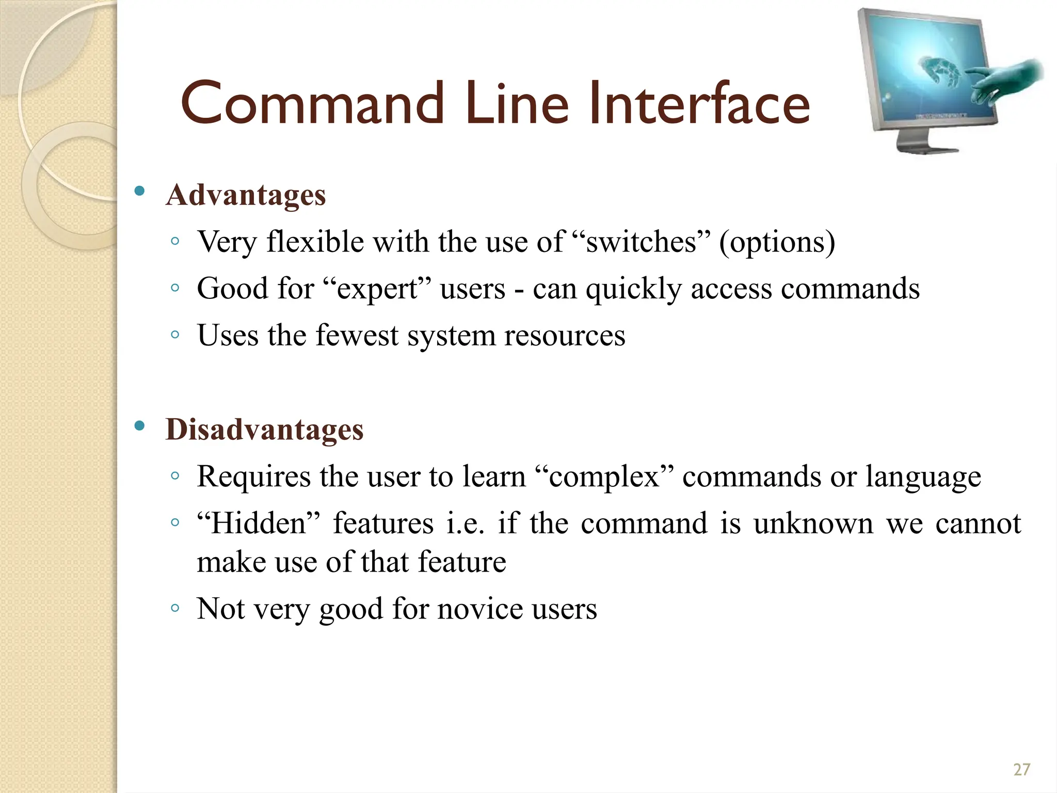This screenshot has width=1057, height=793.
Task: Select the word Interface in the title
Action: [699, 104]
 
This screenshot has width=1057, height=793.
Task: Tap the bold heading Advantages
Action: [246, 195]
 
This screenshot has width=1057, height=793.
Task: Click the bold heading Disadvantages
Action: [264, 430]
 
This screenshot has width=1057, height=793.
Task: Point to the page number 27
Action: [1021, 770]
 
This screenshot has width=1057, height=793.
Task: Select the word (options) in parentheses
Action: [777, 243]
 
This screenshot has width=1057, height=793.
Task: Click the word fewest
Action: [357, 336]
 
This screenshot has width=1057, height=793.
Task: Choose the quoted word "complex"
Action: [604, 477]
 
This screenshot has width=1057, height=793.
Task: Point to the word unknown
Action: [813, 524]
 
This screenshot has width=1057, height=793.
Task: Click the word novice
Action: [480, 609]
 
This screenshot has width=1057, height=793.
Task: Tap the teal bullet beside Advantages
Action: [139, 192]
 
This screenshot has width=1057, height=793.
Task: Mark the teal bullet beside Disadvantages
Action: [139, 426]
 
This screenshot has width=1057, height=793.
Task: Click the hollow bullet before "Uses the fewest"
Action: [175, 335]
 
